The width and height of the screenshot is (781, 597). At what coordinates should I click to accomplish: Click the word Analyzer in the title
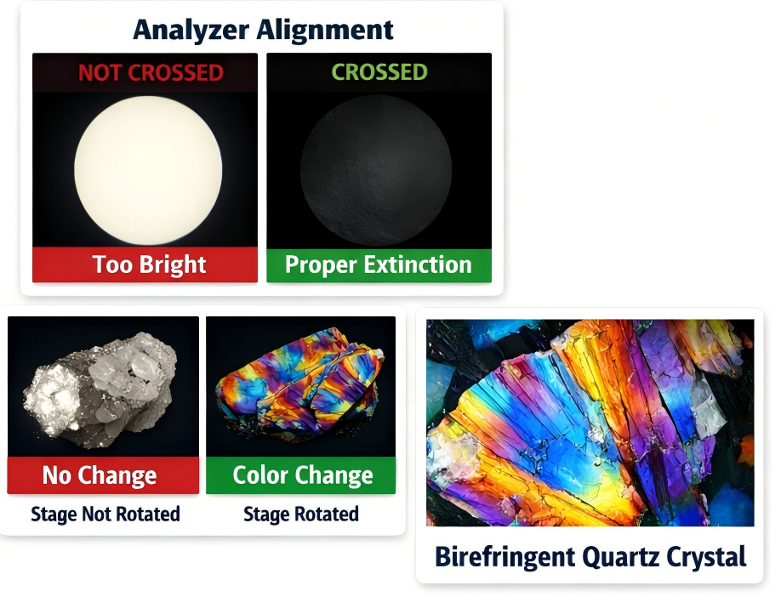coord(192,29)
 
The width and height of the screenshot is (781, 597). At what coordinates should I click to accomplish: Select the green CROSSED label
coord(379,72)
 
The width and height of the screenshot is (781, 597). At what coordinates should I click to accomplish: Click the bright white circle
coord(148,163)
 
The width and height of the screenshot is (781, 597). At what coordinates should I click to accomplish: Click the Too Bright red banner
coord(145,264)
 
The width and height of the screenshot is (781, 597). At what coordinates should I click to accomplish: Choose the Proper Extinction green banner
coord(379,264)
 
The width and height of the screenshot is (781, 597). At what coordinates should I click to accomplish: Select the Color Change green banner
coord(301,475)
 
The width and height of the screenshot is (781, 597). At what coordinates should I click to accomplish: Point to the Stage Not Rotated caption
coord(105,514)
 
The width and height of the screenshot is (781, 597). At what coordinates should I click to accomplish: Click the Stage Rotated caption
coord(301,514)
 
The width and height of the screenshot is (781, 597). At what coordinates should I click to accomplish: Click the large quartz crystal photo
coord(590,422)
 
